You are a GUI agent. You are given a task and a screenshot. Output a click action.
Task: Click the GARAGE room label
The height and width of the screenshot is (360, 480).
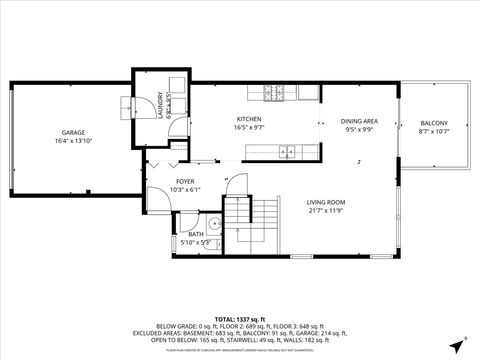point(72,133)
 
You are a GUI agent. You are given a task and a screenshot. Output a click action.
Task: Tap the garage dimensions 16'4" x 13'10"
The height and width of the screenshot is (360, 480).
point(72,142)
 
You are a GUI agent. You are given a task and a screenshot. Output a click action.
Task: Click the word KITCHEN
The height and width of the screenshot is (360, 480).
point(248,119)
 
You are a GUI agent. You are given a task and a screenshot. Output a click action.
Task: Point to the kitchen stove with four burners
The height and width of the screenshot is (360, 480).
point(273,96)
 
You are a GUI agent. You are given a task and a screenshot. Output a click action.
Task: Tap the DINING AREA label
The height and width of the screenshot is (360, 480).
point(358,120)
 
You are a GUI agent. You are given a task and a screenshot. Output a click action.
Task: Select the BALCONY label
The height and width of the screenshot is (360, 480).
point(433,123)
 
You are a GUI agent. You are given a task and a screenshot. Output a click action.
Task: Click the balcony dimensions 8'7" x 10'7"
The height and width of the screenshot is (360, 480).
point(433,132)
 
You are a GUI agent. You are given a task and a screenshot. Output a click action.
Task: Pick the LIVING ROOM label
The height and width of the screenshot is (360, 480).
point(326,202)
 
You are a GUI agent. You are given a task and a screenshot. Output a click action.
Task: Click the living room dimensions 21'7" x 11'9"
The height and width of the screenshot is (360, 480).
point(326,211)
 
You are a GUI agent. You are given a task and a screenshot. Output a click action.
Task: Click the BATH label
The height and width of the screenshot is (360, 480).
point(196,234)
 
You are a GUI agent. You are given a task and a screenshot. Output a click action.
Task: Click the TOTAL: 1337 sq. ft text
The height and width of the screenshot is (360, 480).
point(240,317)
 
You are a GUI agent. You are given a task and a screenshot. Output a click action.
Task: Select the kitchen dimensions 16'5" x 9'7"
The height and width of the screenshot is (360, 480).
point(248,128)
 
